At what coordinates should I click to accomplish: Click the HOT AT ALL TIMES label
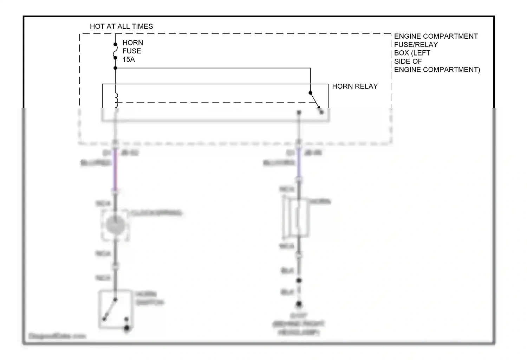tap(121, 26)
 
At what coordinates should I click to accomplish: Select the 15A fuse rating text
tap(129, 59)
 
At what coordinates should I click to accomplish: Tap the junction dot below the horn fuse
tap(115, 68)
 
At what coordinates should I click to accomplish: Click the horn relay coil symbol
tap(116, 100)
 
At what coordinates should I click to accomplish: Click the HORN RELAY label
tap(355, 86)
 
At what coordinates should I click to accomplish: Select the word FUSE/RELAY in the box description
tap(416, 45)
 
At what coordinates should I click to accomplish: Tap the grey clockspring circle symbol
tap(115, 225)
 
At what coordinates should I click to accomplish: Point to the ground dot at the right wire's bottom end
tap(299, 304)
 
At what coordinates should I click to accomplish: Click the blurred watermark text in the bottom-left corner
tap(57, 336)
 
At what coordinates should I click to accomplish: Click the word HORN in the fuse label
tap(132, 43)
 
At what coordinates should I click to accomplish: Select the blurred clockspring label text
tap(156, 213)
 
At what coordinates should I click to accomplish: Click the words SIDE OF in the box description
tap(408, 62)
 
